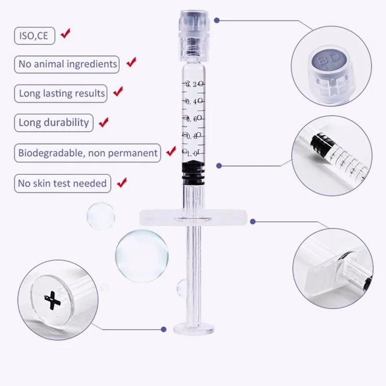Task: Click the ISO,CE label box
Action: tap(34, 36)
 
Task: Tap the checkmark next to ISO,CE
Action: tap(65, 34)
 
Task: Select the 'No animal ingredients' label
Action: tap(68, 64)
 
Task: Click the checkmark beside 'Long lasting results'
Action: tap(118, 92)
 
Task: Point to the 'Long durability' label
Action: tap(54, 122)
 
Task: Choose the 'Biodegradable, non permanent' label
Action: tap(87, 153)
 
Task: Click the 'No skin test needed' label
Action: tap(62, 183)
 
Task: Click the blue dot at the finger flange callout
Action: tap(253, 221)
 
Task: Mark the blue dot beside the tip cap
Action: tap(217, 21)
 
